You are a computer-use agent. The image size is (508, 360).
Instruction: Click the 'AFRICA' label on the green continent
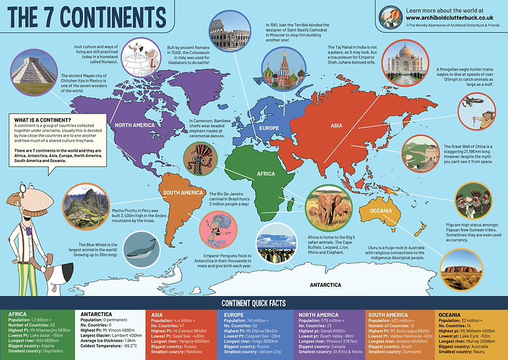click(267, 174)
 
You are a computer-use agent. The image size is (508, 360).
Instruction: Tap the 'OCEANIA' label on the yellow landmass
click(380, 211)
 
